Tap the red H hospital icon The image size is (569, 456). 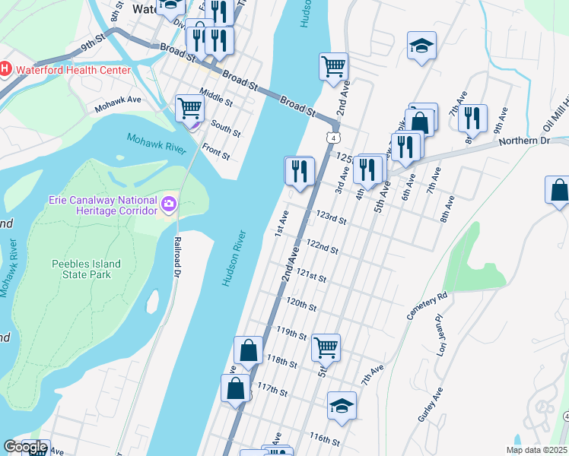pos(5,70)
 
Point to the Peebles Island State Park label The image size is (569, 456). pos(86,269)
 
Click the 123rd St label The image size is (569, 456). pos(332,219)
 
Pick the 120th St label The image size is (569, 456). pos(301,304)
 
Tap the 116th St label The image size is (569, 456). pos(324,439)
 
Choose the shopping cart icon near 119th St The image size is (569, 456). pos(326,347)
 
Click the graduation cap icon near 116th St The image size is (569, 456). pos(342,405)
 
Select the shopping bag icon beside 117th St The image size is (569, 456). pos(235,388)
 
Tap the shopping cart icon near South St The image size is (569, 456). pos(189,108)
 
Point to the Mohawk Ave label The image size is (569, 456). pos(118,104)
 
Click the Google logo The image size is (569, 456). pos(25,447)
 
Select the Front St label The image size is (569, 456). pos(216,154)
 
